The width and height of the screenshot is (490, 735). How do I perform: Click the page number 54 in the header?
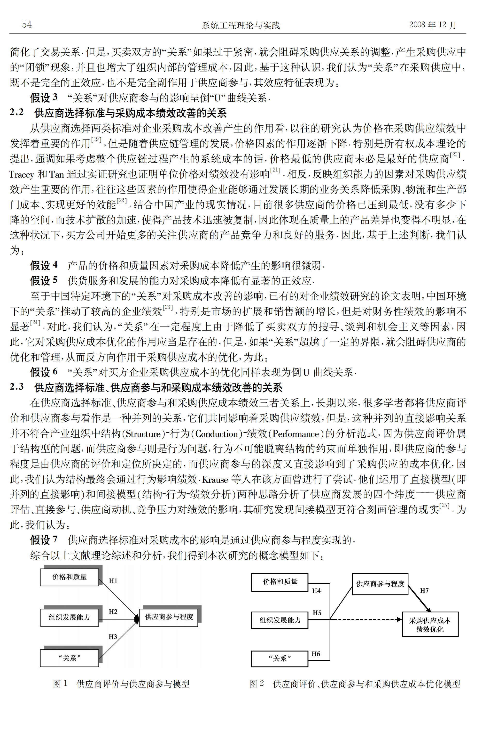(27, 24)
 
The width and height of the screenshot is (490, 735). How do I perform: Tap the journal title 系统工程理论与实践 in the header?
(241, 25)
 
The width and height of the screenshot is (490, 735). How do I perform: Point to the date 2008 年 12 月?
(433, 25)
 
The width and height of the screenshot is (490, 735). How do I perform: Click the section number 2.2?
(16, 112)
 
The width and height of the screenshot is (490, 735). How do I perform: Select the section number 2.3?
(16, 387)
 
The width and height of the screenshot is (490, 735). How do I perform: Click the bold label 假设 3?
(44, 98)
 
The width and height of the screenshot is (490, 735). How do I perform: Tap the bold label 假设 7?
(44, 540)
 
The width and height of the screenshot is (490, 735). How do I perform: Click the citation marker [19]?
(96, 139)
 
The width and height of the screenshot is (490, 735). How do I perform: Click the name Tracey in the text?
(21, 174)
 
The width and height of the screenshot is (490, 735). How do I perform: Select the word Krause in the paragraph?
(215, 479)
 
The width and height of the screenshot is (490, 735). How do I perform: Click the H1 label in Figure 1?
(113, 581)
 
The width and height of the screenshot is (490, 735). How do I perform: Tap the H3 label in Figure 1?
(113, 637)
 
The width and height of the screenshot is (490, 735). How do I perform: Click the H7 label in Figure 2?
(424, 590)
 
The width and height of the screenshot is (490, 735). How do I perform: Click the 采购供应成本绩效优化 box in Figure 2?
(430, 625)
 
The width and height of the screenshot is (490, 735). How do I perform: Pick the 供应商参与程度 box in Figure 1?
(169, 617)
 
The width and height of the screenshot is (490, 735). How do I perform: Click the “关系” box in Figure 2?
(280, 658)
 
